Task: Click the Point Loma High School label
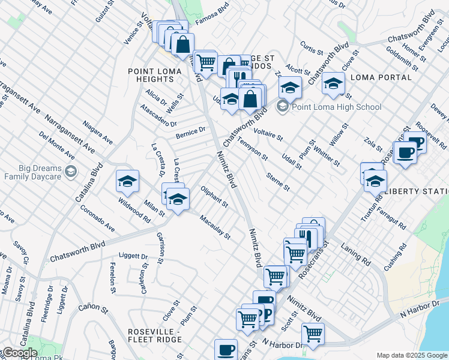tap(336, 107)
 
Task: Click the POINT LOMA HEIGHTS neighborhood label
tap(151, 75)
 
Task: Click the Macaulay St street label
tap(215, 227)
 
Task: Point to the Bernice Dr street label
tap(191, 133)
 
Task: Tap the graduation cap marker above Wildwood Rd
tap(127, 181)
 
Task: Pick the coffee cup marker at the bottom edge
tap(226, 349)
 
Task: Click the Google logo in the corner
tap(19, 353)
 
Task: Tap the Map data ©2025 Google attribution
tap(412, 355)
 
